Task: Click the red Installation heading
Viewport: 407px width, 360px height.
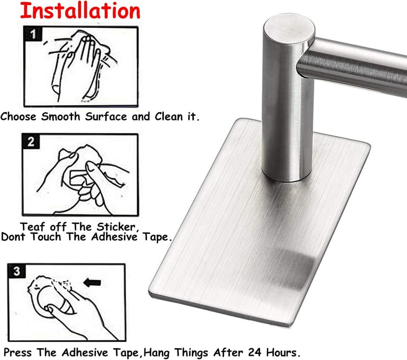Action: point(80,11)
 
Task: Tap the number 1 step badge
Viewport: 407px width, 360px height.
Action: point(33,34)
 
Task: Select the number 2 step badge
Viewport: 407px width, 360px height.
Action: point(31,142)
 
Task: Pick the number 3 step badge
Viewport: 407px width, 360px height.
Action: point(17,271)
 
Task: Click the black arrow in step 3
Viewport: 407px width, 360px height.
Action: point(92,283)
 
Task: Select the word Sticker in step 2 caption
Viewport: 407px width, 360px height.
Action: point(118,227)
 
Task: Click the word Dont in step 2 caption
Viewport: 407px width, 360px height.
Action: point(13,237)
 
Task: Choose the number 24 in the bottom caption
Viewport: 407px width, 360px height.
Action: point(255,352)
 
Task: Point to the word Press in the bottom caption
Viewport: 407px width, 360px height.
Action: point(17,352)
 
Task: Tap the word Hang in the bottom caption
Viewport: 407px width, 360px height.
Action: point(157,353)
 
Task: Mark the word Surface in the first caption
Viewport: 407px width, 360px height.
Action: point(106,117)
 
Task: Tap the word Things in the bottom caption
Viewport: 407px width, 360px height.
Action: point(191,353)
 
